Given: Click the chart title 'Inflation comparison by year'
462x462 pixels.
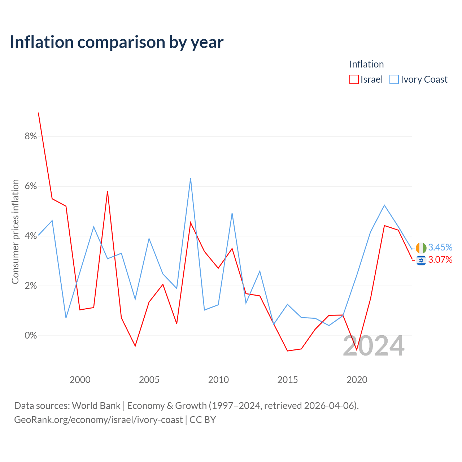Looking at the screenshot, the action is point(117,43).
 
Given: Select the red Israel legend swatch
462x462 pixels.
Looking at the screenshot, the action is point(354,79).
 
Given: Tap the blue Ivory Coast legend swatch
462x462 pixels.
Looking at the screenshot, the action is point(394,79).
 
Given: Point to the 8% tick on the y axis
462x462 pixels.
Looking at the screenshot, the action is point(31,136).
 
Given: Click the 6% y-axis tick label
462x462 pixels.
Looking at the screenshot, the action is point(31,186).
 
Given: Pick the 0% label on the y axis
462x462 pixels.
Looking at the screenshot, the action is point(31,335).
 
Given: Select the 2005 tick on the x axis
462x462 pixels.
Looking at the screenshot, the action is point(149,380).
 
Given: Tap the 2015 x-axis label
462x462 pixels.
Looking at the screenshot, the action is point(287,380).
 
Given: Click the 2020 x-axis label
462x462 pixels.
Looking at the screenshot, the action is point(357,380).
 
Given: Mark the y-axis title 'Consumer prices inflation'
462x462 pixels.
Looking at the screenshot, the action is point(15,232).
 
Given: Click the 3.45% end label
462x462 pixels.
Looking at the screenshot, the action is point(440,247).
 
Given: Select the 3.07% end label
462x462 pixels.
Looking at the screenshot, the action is point(440,260).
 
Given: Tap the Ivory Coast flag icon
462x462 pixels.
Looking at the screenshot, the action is point(421,248).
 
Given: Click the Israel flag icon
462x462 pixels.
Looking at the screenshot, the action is point(421,260).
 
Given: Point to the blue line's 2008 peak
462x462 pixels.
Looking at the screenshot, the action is point(191,179).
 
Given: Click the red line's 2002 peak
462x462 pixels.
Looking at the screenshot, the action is point(108,191).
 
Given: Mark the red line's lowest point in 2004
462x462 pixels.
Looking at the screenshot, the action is point(135,346).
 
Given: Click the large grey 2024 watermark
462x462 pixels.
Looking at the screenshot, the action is point(374,346).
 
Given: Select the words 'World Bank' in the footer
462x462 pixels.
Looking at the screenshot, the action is point(96,406).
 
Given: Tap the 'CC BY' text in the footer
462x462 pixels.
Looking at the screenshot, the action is point(202,420).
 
